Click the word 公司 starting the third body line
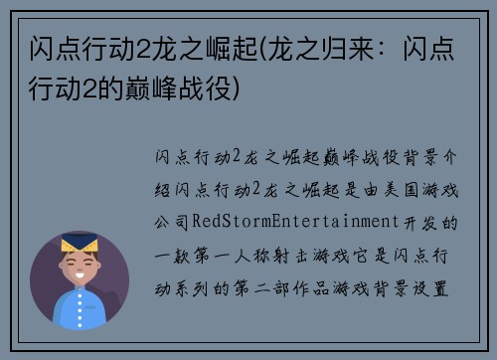point(171,221)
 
